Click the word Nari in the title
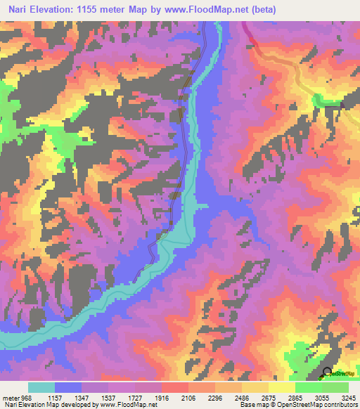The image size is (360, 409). [x=20, y=10]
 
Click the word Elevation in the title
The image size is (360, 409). [x=58, y=10]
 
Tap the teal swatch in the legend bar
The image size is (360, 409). [x=41, y=387]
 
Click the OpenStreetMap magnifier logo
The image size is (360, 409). [x=327, y=372]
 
